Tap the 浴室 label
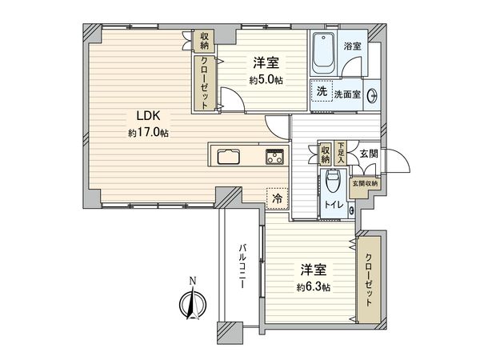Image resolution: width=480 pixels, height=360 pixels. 352,46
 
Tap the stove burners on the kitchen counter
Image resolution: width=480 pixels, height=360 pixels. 274,157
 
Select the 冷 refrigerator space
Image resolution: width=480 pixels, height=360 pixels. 277,198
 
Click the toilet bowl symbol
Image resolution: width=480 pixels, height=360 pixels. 334,185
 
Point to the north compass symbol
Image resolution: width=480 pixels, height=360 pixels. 192,302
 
